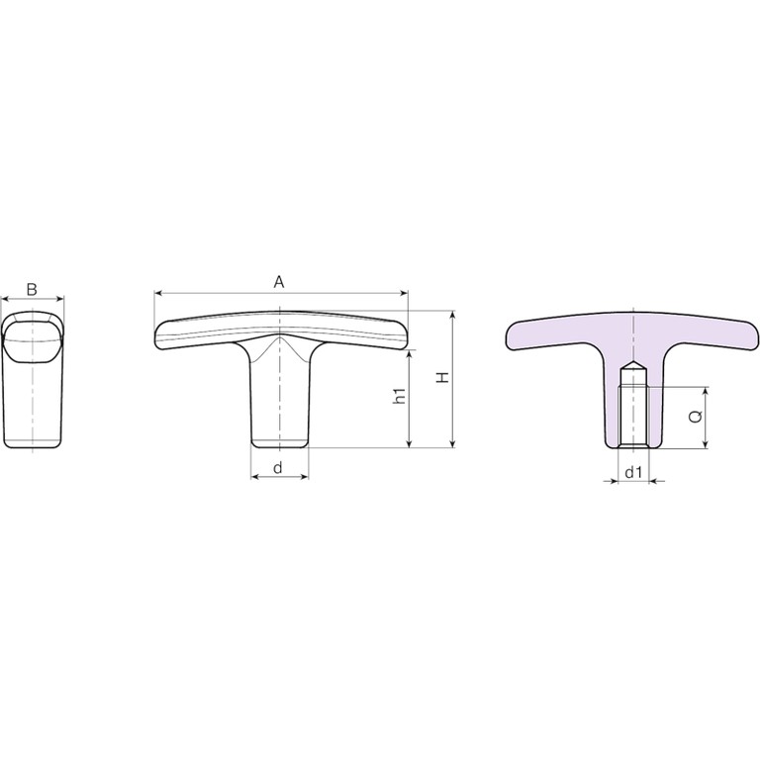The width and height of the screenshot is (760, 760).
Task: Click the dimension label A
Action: tap(279, 282)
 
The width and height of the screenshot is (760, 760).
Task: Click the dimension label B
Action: tap(32, 289)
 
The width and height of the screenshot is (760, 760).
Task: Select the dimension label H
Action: tap(442, 378)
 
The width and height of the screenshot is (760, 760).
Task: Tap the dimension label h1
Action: tap(400, 396)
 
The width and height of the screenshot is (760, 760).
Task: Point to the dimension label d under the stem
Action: tap(278, 468)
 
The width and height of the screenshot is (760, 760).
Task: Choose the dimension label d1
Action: tap(633, 472)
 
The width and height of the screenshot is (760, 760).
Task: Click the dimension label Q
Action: tap(696, 416)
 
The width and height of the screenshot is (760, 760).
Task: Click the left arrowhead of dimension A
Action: tap(158, 293)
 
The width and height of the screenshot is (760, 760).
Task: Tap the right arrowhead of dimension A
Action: tap(404, 293)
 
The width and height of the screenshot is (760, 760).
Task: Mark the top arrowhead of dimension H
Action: tap(453, 315)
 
